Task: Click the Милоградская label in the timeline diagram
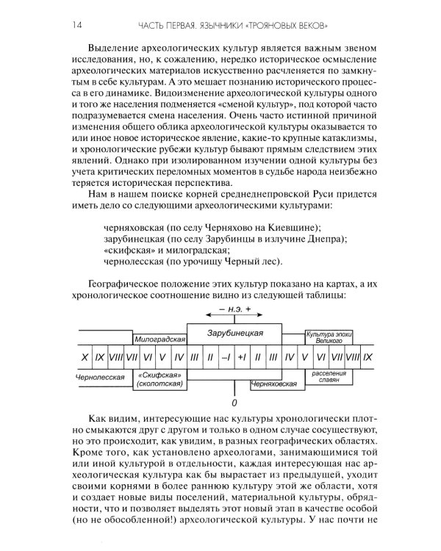[158, 340]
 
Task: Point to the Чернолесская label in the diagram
[98, 375]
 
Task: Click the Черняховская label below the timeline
[274, 383]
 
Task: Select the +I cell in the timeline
[242, 356]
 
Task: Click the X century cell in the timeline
[86, 356]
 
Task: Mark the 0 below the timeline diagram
[234, 403]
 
